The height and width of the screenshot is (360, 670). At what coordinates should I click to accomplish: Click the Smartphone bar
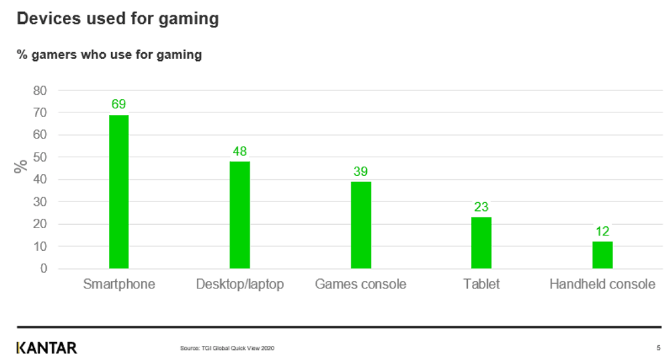pos(119,192)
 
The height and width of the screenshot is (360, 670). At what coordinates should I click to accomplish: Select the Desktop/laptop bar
pos(240,215)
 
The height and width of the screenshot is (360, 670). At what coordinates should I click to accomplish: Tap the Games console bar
pos(361,225)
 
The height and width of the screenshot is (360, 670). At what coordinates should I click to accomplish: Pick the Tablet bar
pos(481,242)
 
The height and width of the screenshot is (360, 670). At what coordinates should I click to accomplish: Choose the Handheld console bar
pos(602,255)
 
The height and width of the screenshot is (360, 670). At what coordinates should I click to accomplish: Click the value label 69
pos(119,104)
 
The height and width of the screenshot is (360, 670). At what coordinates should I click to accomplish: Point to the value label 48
pos(240,151)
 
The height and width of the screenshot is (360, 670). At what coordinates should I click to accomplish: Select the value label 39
pos(361,171)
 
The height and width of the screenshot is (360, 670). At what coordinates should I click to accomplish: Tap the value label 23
pos(481,207)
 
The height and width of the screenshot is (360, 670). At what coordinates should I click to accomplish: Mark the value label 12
pos(602,232)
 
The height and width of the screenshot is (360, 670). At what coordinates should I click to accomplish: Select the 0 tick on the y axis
pos(44,269)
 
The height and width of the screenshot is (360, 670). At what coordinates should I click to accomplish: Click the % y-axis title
pos(21,166)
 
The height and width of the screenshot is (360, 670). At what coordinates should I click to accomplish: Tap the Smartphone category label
pos(119,284)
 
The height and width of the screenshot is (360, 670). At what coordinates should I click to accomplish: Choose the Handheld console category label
pos(602,284)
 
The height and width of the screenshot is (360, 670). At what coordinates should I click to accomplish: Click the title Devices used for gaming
pos(118,19)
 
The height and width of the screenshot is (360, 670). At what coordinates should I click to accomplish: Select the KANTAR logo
pos(47,347)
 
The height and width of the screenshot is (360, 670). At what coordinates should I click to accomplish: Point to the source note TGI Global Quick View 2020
pos(228,348)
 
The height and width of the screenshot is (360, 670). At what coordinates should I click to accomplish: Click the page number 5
pos(658,347)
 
